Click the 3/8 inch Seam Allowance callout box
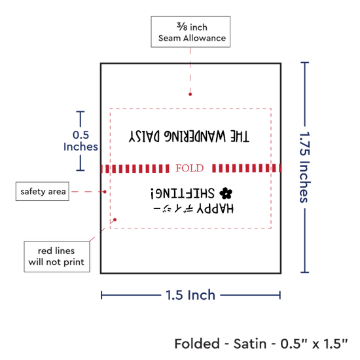(x=190, y=32)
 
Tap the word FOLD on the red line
(x=190, y=168)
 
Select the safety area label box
(x=43, y=191)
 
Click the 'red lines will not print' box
(x=57, y=257)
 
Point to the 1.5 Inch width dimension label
(x=190, y=295)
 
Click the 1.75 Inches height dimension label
(x=305, y=167)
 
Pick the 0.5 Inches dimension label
(x=81, y=141)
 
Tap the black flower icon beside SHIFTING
(x=226, y=193)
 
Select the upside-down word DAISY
(x=144, y=137)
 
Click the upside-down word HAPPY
(x=215, y=209)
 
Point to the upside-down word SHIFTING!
(x=183, y=193)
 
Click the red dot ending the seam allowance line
(x=190, y=94)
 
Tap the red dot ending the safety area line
(x=105, y=192)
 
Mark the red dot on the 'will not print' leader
(x=115, y=220)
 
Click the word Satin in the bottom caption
(x=250, y=344)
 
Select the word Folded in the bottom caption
(x=197, y=344)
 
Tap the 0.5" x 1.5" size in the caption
(x=314, y=344)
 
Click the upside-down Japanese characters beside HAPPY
(x=173, y=209)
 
